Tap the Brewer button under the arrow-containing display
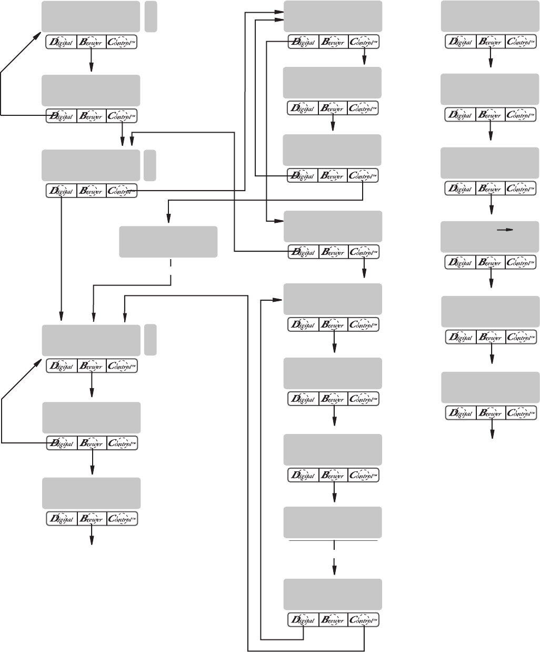[x=491, y=262]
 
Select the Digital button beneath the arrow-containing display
[x=461, y=262]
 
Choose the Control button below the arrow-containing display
[x=521, y=262]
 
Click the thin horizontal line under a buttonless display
[x=333, y=540]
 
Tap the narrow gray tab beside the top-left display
[x=151, y=16]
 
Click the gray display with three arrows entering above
[x=91, y=340]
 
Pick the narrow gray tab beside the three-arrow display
[x=151, y=340]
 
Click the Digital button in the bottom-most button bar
[x=303, y=620]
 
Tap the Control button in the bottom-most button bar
[x=363, y=620]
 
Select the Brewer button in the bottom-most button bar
[x=333, y=620]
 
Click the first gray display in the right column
[x=489, y=16]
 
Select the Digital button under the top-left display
[x=62, y=42]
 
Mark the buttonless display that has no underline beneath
[x=168, y=242]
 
